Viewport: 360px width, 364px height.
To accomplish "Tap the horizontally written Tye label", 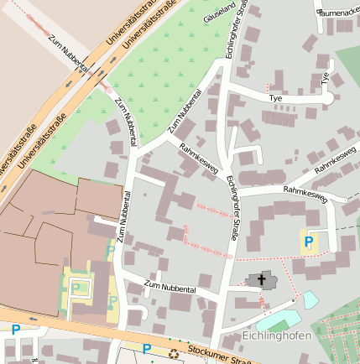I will (275, 98).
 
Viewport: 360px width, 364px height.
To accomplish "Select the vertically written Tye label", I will (326, 80).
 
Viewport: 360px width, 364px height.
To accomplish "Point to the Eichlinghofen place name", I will (276, 336).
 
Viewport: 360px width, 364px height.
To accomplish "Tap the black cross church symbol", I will (261, 280).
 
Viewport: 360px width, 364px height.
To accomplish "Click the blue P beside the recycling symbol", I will (147, 349).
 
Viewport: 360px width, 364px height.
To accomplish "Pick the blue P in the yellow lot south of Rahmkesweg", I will (309, 242).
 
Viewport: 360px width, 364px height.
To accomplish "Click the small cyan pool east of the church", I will (310, 299).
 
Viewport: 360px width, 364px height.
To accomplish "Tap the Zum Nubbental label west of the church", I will (170, 287).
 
